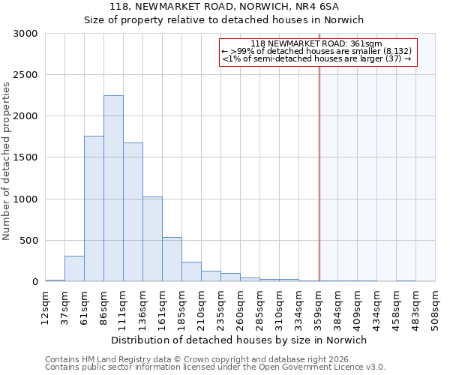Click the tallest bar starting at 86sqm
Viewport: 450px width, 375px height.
point(113,188)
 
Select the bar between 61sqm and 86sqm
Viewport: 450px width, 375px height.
point(94,208)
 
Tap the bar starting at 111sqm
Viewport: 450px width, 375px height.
point(133,212)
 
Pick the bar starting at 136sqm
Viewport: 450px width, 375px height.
point(152,239)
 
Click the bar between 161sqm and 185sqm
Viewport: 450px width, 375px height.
point(172,259)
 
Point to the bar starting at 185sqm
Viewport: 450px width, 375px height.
point(191,271)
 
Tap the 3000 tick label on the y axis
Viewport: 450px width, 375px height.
point(25,34)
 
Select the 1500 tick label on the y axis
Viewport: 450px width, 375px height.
point(25,157)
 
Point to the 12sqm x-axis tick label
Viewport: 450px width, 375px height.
point(45,306)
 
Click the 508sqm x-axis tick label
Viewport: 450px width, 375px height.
point(435,306)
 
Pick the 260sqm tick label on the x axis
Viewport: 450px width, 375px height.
point(240,306)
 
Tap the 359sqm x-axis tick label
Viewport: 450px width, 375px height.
point(318,306)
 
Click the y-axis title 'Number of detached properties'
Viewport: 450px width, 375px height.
point(7,161)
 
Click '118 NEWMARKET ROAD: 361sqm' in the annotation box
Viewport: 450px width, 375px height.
point(316,44)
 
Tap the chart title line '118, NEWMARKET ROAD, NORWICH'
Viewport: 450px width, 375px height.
point(224,6)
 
